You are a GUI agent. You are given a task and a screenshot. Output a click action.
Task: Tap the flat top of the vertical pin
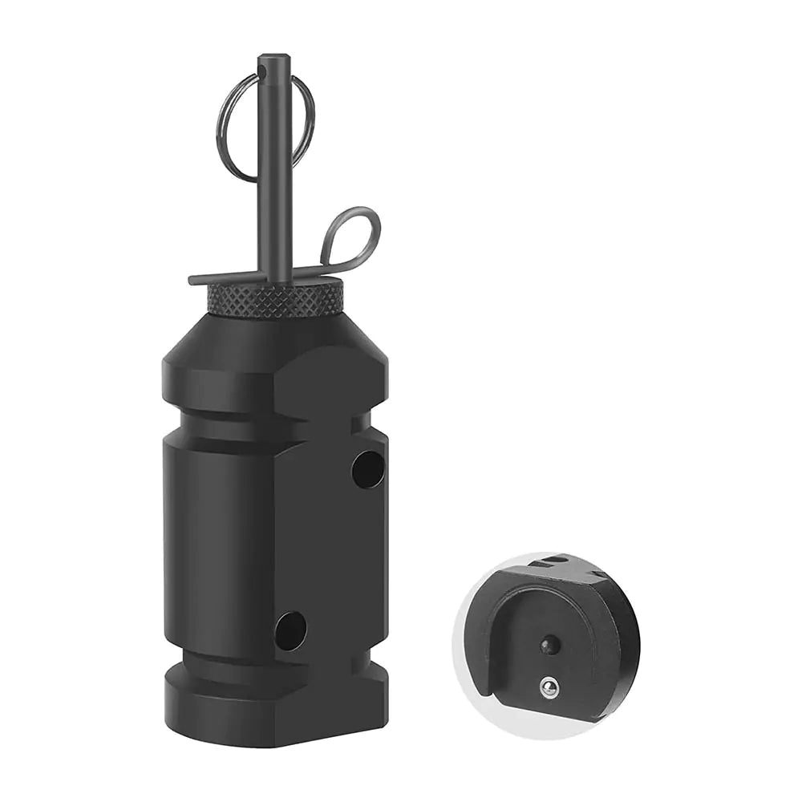coord(273,58)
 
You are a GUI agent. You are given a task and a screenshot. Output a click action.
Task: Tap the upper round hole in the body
coord(367,469)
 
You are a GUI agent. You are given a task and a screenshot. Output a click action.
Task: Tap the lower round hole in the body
coord(290,630)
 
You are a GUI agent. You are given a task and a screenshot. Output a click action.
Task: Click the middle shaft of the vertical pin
coord(273,176)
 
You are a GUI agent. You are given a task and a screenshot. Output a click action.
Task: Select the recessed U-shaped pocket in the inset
coord(553,634)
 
